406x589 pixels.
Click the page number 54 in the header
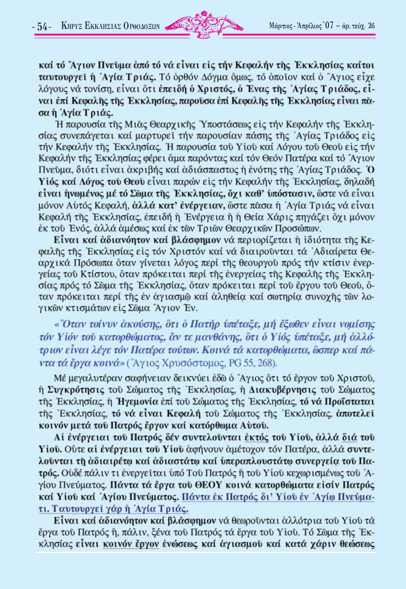tap(42, 27)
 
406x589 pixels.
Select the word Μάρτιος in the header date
tap(280, 26)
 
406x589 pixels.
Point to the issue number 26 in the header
tap(371, 26)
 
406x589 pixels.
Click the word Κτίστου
tap(79, 274)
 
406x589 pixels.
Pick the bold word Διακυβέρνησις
tap(283, 389)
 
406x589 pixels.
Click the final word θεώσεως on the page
tap(357, 544)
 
